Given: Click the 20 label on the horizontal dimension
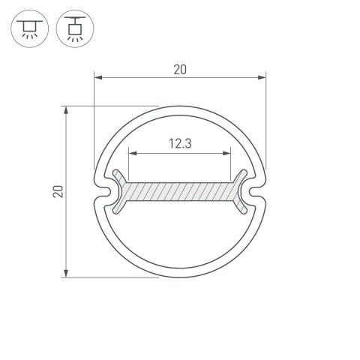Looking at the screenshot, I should pos(180,69).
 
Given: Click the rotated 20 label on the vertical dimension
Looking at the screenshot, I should pos(58,192).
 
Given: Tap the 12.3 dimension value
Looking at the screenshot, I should pos(180,144).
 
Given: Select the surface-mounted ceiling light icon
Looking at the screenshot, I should pos(29,27).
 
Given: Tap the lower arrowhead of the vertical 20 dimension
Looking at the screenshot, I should pos(67,274).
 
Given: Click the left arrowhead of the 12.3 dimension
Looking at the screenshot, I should pos(132,153).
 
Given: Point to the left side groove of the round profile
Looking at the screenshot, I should pos(103,193).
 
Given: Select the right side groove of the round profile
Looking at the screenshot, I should pos(256,193).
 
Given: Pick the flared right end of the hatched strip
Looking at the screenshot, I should pos(241,192).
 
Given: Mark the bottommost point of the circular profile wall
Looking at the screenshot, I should pos(180,275).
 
